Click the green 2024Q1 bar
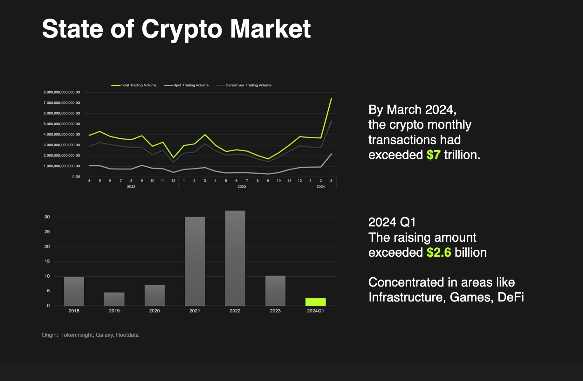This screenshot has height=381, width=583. tap(315, 302)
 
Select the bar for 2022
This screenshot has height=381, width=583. tap(235, 258)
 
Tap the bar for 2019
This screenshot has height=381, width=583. tap(114, 299)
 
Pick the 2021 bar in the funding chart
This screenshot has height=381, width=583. tap(195, 261)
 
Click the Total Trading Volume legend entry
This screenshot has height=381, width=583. tap(134, 85)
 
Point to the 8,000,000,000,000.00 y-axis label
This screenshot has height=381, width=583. tap(62, 92)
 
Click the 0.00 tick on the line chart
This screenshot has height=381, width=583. tap(76, 177)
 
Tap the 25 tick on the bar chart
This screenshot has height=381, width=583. tap(47, 232)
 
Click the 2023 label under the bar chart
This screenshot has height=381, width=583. tap(275, 311)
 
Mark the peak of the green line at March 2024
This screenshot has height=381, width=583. tap(331, 99)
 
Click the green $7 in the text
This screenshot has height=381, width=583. tap(433, 155)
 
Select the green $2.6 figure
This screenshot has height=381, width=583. tap(439, 253)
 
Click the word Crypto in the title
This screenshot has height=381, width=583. tap(182, 29)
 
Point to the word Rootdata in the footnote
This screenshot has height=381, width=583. tap(127, 335)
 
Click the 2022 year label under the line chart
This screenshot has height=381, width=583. tap(131, 187)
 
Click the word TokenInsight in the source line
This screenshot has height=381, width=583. tap(77, 335)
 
